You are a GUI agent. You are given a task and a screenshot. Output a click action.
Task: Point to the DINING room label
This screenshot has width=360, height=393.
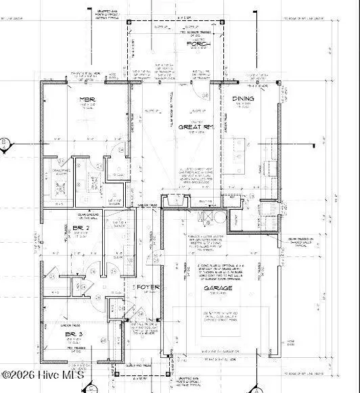243,99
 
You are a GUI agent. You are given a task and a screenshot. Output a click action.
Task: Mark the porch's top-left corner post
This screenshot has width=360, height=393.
129,22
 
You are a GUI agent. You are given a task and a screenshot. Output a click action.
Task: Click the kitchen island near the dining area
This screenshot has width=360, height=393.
244,145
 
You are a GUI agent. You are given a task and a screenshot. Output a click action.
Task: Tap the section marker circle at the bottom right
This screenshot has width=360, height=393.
254,389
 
